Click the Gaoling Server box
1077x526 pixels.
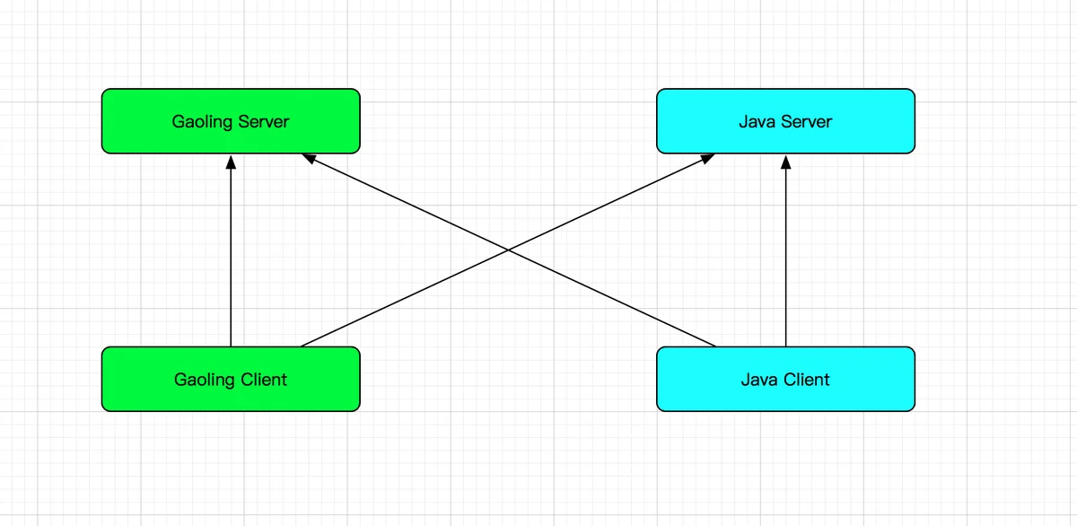(x=231, y=121)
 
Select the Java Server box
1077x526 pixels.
(x=785, y=121)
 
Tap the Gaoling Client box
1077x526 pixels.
(x=231, y=379)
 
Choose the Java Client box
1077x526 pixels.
(x=785, y=379)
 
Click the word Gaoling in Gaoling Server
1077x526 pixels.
(x=203, y=122)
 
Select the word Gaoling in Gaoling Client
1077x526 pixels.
(x=205, y=381)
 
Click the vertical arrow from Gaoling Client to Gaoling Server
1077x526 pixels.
(x=231, y=250)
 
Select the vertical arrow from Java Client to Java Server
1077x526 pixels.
(x=785, y=250)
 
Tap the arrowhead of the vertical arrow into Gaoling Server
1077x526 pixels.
(x=231, y=162)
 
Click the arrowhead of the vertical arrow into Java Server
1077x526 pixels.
(x=785, y=162)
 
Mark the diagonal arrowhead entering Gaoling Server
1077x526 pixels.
(x=309, y=158)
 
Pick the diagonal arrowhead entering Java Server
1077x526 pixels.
(x=708, y=158)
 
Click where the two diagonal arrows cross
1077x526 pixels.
(x=508, y=250)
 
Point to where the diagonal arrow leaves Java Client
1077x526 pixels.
(x=715, y=346)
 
